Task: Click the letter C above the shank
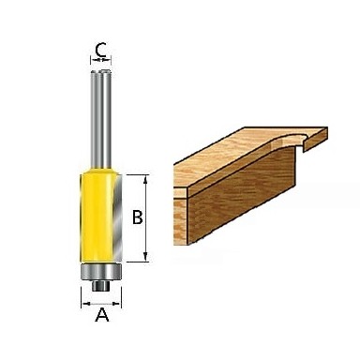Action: [100, 50]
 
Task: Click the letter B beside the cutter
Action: [138, 217]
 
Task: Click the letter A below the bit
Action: [102, 315]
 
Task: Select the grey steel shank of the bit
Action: [100, 120]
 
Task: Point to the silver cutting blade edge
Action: [117, 218]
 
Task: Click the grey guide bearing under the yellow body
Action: [101, 272]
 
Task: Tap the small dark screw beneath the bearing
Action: [101, 286]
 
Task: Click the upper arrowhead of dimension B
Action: [145, 179]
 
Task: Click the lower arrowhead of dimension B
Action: [145, 257]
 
